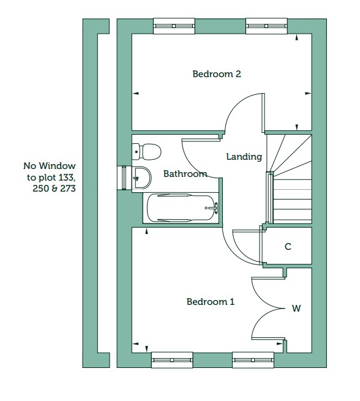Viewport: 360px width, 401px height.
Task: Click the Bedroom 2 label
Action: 217,74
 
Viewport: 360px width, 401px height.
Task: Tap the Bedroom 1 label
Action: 211,302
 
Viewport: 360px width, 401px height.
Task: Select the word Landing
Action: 244,157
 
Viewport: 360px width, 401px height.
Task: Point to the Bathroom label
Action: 185,174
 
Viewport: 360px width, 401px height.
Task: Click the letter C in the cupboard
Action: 288,247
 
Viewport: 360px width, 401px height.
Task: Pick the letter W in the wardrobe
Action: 296,308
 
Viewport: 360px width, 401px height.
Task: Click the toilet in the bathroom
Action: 146,152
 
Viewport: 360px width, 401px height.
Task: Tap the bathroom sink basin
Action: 141,178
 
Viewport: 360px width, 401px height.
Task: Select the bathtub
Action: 181,208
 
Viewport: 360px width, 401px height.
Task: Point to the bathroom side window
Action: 124,178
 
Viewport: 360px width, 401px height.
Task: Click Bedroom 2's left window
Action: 174,26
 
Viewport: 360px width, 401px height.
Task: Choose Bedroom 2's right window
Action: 266,26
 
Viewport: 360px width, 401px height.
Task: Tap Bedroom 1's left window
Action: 172,360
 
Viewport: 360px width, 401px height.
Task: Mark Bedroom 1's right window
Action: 253,360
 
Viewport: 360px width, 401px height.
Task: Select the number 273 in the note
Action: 67,189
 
